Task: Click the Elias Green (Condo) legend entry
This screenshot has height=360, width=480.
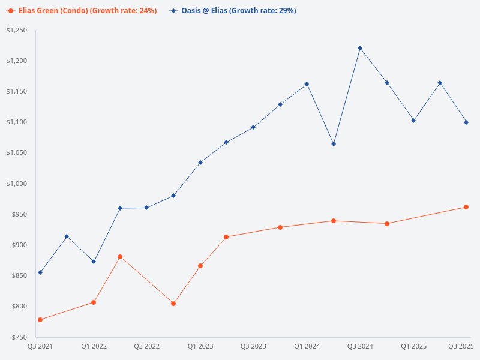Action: [x=83, y=11]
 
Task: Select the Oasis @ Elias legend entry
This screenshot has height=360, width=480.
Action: [x=232, y=11]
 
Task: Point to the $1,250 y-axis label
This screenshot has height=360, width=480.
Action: [x=16, y=30]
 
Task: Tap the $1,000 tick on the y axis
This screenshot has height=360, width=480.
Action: [x=16, y=184]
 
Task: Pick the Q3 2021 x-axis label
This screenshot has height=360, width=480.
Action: [x=40, y=346]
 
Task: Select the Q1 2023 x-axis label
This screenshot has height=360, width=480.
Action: [x=200, y=346]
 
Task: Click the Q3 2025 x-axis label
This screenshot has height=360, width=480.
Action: [x=461, y=346]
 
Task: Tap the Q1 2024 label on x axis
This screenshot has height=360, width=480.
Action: [x=307, y=346]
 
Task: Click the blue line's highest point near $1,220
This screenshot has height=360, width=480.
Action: [x=360, y=48]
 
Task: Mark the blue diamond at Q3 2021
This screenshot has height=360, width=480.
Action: [x=40, y=272]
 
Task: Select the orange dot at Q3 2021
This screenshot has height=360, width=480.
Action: [x=40, y=320]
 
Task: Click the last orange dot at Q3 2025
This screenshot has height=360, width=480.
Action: [x=466, y=207]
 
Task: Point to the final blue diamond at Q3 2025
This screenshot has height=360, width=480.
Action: [x=466, y=122]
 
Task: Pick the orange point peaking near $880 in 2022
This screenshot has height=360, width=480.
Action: [x=120, y=257]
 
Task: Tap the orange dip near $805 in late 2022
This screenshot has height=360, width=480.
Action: [x=173, y=304]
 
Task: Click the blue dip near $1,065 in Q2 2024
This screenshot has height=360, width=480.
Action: [x=334, y=144]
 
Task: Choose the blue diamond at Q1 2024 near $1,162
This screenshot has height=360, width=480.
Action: [x=307, y=84]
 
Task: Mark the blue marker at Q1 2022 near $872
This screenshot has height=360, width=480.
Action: [x=94, y=262]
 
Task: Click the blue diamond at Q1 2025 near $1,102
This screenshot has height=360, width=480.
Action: [x=413, y=121]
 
